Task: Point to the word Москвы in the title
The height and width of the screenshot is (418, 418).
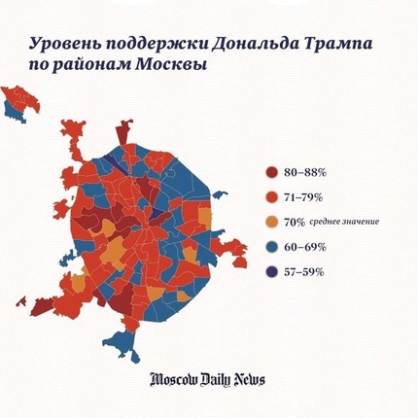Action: coord(171,64)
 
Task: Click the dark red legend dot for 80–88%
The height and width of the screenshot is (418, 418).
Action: coord(271,172)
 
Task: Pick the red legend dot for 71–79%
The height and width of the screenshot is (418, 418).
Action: coord(271,197)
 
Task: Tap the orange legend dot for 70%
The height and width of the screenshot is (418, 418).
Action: coord(271,223)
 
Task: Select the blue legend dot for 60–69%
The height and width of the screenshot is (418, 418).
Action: coord(271,247)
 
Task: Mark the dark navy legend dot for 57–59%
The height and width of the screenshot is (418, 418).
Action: coord(271,272)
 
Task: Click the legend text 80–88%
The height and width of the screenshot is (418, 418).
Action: coord(305,172)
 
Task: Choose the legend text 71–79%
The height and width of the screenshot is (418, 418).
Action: coord(303,197)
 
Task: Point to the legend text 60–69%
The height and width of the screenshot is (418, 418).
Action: coord(305,247)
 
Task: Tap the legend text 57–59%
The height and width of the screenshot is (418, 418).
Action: coord(304,272)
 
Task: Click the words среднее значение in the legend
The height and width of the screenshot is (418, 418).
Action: coord(344,223)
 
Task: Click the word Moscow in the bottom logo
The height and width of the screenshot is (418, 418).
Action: coord(173,379)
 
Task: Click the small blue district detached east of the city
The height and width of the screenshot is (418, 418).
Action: coord(220,194)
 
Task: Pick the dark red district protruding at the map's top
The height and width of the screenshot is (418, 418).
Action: coord(123,133)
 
